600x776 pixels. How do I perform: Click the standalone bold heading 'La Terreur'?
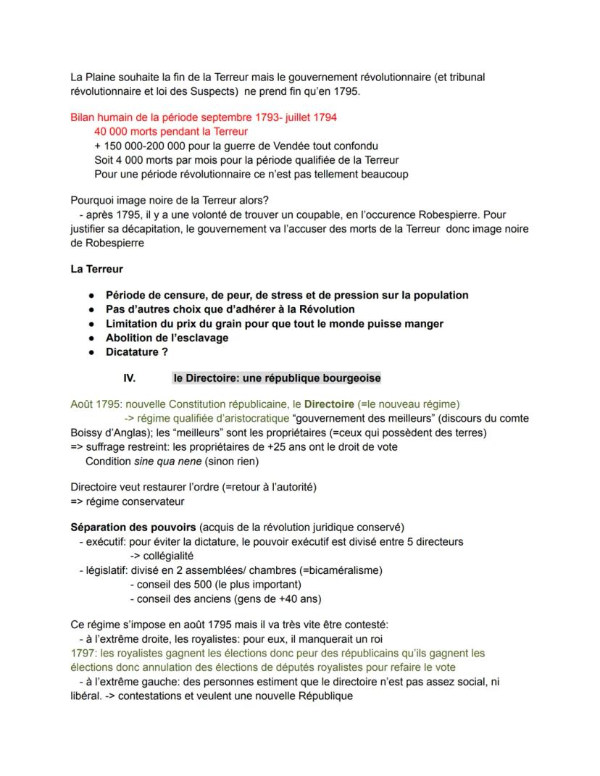(96, 270)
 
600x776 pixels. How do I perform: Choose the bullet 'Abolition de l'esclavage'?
(167, 338)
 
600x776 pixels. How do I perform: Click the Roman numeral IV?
(130, 378)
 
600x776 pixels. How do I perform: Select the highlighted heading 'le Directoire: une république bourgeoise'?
(277, 378)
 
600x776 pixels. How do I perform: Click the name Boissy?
(87, 433)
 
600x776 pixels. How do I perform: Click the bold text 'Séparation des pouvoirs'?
(133, 527)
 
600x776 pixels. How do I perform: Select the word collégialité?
(164, 556)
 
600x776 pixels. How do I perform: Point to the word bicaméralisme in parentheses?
(336, 570)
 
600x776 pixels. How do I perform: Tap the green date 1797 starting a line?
(82, 654)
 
